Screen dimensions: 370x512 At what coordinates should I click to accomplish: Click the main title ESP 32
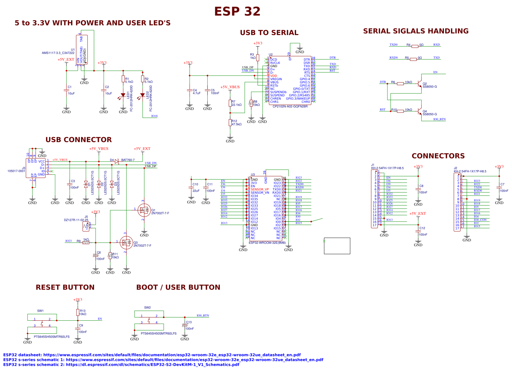[237, 12]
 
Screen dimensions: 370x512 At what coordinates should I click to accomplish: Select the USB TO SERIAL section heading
[269, 33]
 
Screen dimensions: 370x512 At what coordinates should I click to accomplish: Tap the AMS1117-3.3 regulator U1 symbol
[82, 50]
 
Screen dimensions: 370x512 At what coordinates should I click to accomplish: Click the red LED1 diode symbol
[123, 95]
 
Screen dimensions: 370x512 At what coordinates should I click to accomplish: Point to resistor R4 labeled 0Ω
[415, 46]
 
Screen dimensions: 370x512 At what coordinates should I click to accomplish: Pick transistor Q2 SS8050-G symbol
[421, 84]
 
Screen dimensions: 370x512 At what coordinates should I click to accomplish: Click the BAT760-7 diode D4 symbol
[117, 161]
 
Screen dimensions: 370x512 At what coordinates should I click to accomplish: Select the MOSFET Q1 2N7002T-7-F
[144, 210]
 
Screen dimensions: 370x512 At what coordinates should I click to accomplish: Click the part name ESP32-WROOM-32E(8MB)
[267, 243]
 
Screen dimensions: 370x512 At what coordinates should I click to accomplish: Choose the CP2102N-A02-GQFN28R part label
[290, 106]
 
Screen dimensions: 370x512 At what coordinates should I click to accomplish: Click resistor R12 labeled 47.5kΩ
[230, 123]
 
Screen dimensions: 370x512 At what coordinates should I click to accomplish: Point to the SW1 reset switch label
[40, 311]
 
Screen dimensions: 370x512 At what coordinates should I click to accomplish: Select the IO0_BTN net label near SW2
[203, 316]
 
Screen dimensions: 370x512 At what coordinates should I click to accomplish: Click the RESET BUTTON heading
[65, 287]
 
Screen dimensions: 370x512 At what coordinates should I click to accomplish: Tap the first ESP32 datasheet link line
[152, 355]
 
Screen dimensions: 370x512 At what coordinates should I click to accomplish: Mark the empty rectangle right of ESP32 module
[337, 246]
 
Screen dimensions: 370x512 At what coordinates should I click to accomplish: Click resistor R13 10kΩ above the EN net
[78, 312]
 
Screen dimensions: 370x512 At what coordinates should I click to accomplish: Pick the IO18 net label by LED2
[154, 116]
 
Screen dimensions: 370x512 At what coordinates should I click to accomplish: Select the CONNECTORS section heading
[438, 156]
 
